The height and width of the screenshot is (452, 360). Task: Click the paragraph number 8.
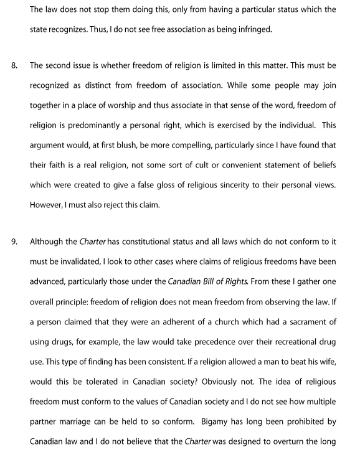tap(8, 64)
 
